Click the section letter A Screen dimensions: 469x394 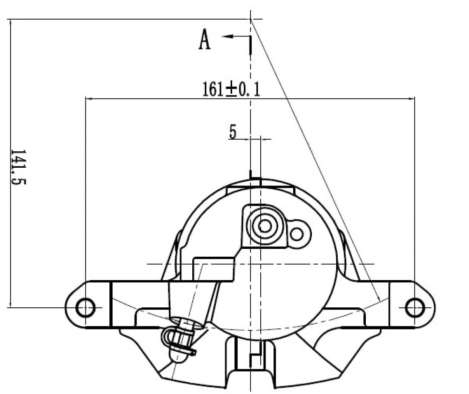pos(204,39)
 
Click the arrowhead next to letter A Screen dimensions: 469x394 pos(227,37)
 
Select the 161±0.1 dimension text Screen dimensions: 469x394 pos(231,89)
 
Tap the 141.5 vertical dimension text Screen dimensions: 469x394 pos(18,167)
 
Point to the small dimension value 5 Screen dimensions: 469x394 pos(233,132)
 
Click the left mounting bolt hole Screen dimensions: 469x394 pos(85,307)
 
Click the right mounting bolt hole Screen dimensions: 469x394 pos(415,307)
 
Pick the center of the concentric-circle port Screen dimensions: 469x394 pos(265,226)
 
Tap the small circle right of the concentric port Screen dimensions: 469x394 pos(297,234)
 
